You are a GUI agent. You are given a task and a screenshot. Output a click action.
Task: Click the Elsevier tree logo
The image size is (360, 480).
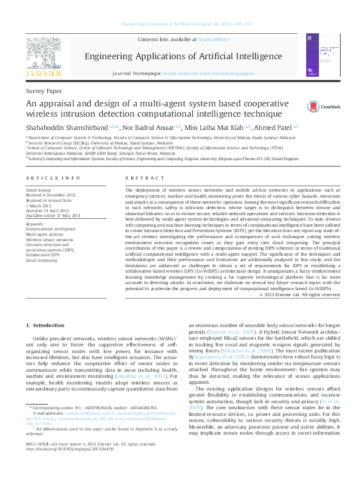tap(43, 56)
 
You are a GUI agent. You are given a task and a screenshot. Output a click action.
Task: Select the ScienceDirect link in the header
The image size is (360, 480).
tap(214, 39)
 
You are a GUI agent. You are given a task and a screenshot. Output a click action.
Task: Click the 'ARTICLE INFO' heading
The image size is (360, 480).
tap(53, 178)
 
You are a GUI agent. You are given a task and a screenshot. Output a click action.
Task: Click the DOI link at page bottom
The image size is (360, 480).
tap(62, 466)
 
